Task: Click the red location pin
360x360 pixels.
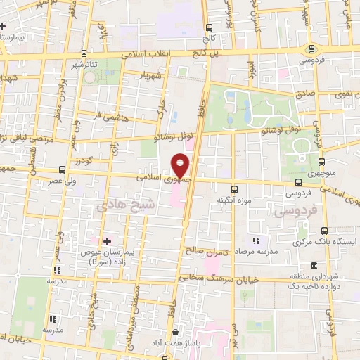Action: [181, 165]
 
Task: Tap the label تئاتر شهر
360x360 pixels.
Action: [99, 64]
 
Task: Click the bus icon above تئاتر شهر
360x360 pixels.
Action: [84, 53]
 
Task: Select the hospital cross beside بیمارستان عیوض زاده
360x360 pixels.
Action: [107, 241]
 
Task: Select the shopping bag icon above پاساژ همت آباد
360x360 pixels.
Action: [175, 333]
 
